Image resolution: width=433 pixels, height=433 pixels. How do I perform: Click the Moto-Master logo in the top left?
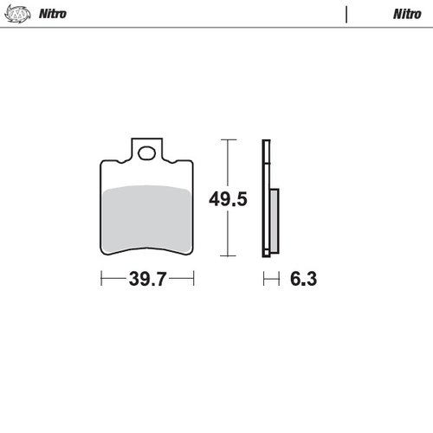(18, 14)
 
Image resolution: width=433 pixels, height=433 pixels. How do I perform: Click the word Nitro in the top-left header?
(53, 14)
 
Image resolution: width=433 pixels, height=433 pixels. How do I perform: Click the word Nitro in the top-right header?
(407, 14)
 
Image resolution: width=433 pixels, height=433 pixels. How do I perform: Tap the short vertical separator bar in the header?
(346, 14)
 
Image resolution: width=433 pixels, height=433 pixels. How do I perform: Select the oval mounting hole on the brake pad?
(147, 154)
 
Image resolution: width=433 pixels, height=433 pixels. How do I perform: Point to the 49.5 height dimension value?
(228, 200)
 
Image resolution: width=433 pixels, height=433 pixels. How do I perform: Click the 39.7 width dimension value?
(147, 279)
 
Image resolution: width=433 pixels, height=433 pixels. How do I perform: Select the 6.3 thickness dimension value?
(302, 279)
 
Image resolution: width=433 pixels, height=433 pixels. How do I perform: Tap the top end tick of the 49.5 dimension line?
(228, 139)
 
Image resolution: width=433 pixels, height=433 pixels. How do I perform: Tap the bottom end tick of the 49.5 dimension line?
(228, 256)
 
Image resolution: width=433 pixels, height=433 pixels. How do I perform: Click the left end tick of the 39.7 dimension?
(101, 279)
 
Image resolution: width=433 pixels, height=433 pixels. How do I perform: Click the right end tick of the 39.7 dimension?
(193, 279)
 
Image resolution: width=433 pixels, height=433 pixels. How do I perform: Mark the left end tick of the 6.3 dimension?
(265, 279)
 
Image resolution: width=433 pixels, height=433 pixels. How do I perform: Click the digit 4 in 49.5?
(214, 200)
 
